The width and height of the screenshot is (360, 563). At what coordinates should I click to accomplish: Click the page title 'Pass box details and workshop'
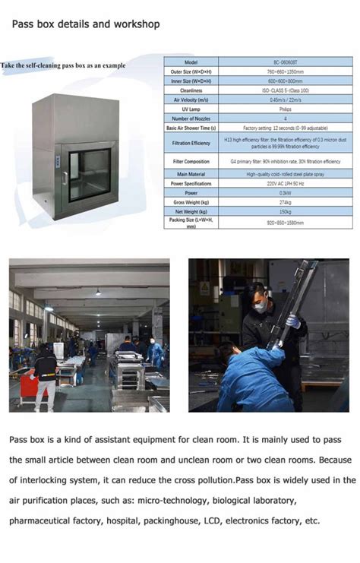pyautogui.click(x=85, y=24)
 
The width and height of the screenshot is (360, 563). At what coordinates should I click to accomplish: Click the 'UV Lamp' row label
pyautogui.click(x=191, y=109)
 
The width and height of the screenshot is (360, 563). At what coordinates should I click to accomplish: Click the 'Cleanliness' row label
pyautogui.click(x=191, y=90)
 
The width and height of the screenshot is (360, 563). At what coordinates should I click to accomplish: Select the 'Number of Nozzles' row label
pyautogui.click(x=191, y=119)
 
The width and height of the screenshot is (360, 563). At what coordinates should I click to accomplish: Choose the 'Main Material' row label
pyautogui.click(x=191, y=174)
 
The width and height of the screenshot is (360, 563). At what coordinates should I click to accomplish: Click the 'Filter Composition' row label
pyautogui.click(x=191, y=161)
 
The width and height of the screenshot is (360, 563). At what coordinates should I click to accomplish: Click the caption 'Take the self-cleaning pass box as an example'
pyautogui.click(x=63, y=66)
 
